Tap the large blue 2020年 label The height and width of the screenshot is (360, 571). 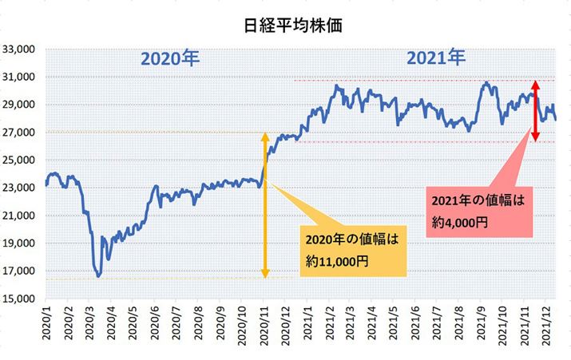[x=170, y=60]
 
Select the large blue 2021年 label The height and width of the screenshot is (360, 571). [x=436, y=58]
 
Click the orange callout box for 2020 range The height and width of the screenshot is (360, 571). [x=352, y=248]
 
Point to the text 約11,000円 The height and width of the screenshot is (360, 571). [x=338, y=259]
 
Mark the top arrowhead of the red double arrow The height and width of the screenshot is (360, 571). [x=536, y=84]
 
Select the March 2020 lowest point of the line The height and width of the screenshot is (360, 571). [x=98, y=276]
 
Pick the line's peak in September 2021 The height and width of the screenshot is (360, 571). [x=485, y=82]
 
